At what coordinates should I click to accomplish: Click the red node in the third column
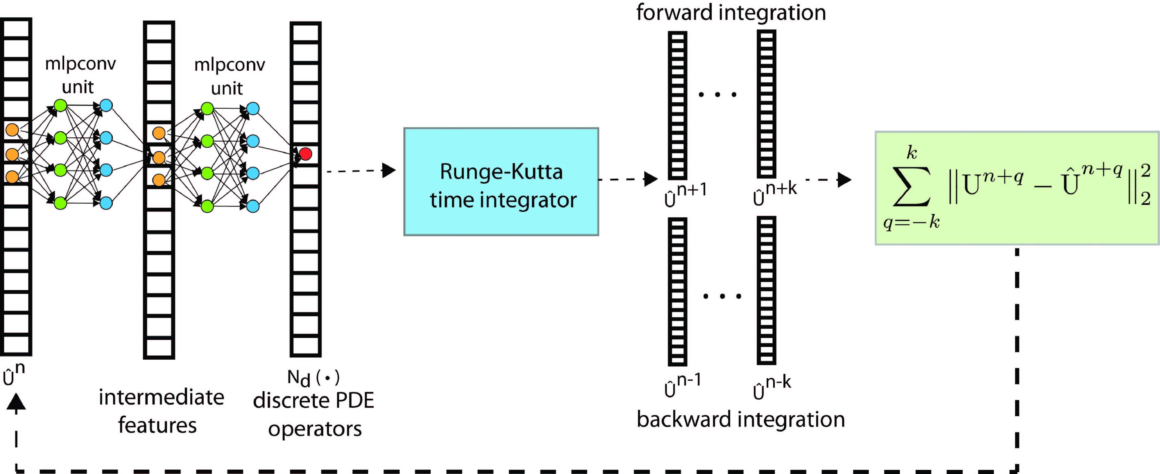pyautogui.click(x=305, y=154)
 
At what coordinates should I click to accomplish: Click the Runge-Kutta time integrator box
pyautogui.click(x=501, y=182)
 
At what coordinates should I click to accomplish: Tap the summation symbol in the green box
pyautogui.click(x=912, y=186)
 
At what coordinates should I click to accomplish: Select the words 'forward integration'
pyautogui.click(x=731, y=12)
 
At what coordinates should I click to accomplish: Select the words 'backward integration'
pyautogui.click(x=741, y=419)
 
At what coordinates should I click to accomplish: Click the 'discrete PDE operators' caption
pyautogui.click(x=314, y=414)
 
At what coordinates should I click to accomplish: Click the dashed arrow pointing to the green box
pyautogui.click(x=829, y=180)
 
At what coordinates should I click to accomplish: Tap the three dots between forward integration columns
pyautogui.click(x=717, y=94)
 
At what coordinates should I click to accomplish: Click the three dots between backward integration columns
pyautogui.click(x=722, y=296)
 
